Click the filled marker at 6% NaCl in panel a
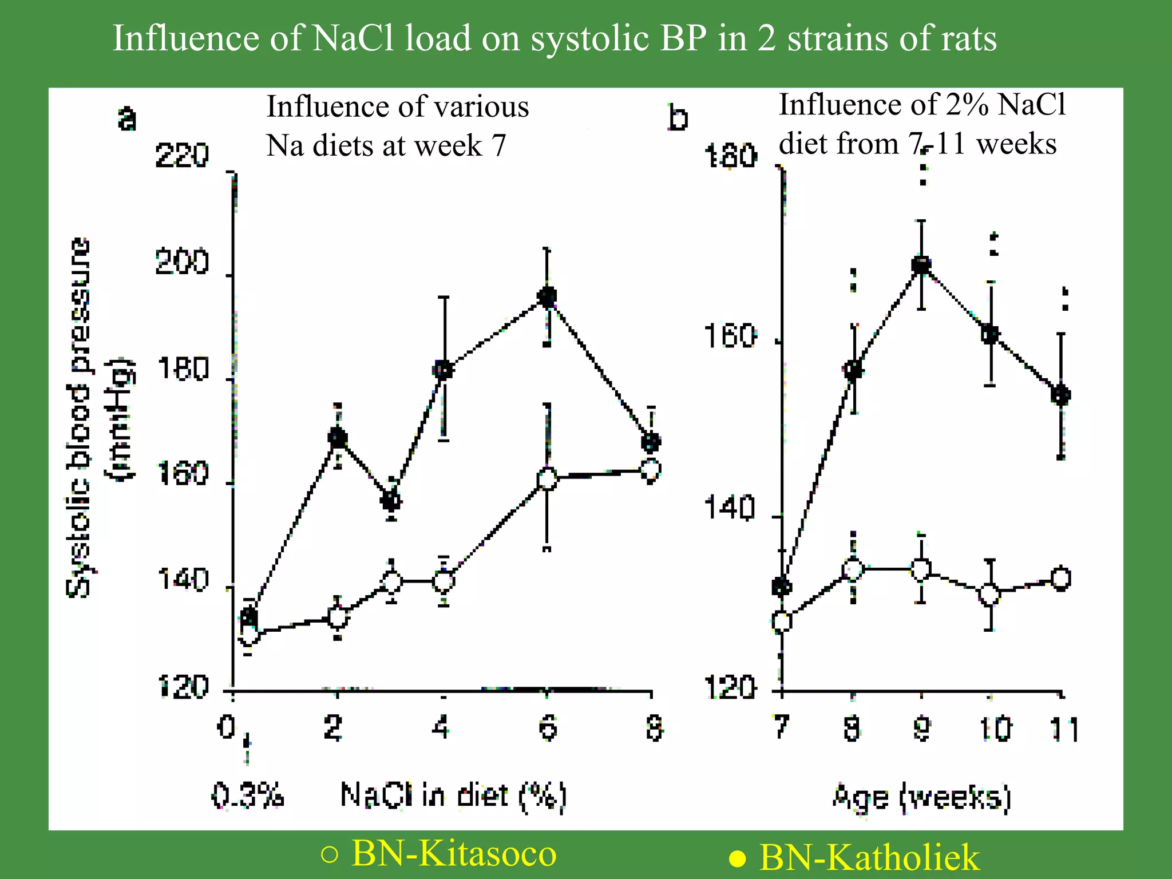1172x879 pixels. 547,296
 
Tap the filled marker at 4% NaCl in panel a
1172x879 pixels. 444,370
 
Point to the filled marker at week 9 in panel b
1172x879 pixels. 921,265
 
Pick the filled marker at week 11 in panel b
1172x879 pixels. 1061,395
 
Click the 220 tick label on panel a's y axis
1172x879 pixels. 182,156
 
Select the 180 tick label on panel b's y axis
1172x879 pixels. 731,156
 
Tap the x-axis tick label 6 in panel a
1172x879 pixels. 548,728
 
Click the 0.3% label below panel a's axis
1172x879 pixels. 248,795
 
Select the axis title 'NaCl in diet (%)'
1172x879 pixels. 453,795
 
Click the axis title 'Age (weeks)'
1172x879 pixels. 921,797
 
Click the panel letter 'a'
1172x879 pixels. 127,119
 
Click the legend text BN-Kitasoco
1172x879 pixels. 453,853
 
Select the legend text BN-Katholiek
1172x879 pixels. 869,857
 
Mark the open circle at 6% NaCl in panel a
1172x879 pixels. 548,478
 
